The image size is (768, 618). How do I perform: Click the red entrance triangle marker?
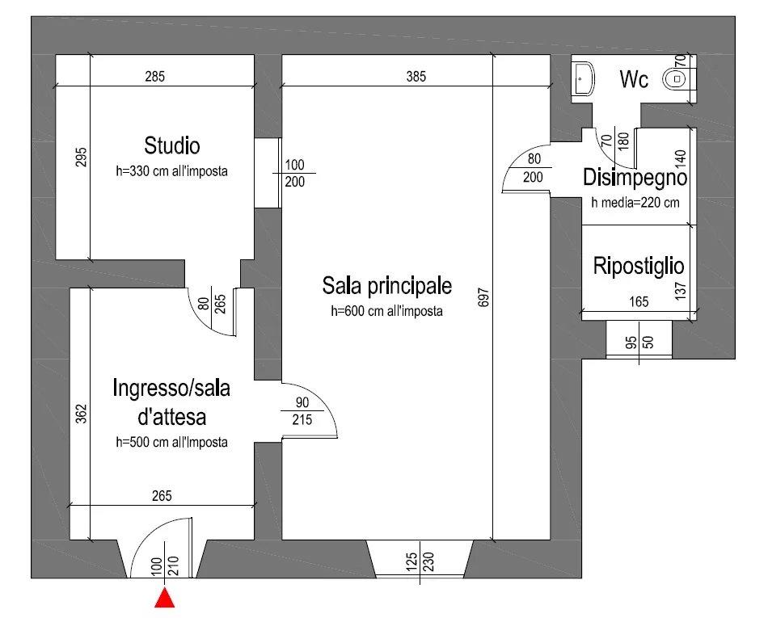click(166, 598)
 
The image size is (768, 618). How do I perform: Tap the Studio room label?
click(171, 146)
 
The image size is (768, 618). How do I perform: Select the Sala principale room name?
click(386, 286)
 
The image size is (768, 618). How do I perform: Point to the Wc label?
click(634, 80)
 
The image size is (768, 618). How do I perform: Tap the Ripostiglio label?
click(639, 266)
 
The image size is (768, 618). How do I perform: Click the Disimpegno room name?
click(635, 178)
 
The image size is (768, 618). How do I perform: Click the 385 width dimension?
click(416, 78)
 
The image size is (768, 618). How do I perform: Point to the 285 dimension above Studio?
click(154, 78)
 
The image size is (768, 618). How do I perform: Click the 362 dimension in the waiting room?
click(81, 413)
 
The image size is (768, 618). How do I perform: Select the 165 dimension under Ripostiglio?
click(639, 303)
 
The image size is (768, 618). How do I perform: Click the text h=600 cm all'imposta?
click(386, 311)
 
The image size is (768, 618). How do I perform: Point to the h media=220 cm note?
click(635, 203)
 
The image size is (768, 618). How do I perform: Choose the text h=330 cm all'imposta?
click(171, 171)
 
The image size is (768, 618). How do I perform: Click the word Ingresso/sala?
click(171, 389)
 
